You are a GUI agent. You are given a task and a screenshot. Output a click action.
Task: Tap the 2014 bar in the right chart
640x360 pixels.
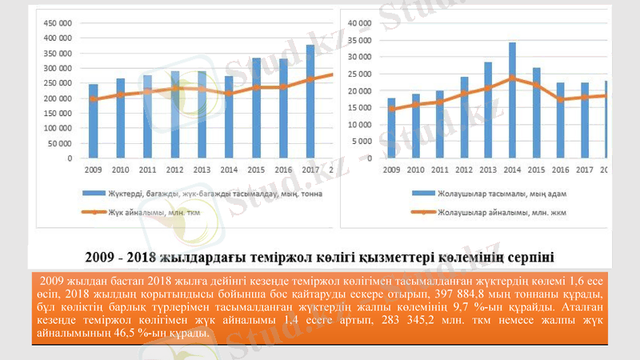point(512,100)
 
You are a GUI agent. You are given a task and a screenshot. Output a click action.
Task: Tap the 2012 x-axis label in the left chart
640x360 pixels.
point(174,170)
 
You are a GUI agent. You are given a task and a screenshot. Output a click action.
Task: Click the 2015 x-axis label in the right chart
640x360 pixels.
point(536,170)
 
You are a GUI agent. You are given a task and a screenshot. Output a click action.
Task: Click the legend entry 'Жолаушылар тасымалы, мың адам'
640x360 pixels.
point(478,194)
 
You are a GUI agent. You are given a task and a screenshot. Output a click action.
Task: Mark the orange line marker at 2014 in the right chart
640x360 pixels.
point(512,78)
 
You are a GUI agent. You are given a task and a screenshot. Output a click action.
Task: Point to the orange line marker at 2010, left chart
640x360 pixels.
point(120,94)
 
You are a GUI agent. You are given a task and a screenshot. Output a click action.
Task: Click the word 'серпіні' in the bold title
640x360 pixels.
point(528,257)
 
